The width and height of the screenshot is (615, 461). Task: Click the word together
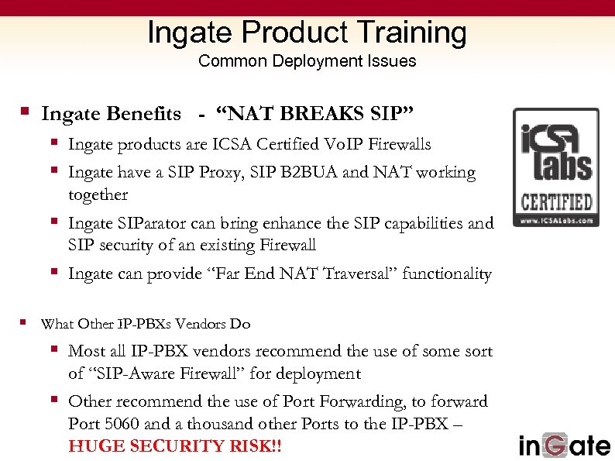[x=98, y=194]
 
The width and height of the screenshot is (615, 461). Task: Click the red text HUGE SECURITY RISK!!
[x=174, y=447]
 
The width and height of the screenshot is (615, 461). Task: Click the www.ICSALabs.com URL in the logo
[x=556, y=220]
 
